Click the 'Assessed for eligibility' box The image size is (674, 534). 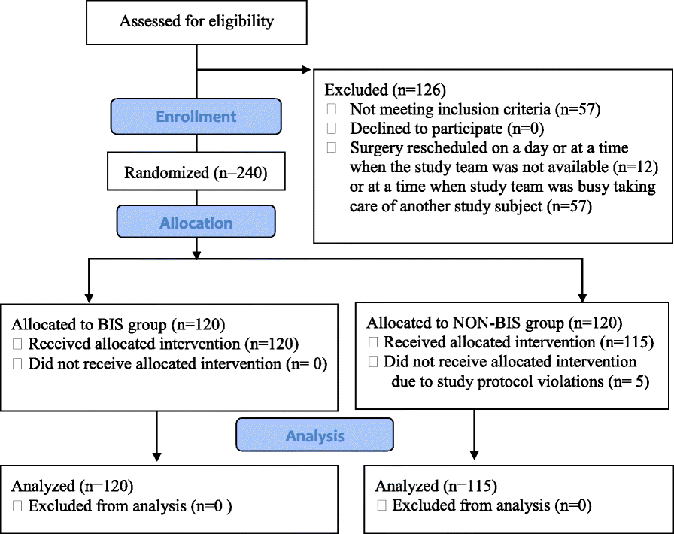196,21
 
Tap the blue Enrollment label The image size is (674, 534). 196,117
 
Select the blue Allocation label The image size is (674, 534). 196,223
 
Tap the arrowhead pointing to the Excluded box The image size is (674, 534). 305,70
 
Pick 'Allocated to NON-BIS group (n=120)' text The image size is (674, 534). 493,324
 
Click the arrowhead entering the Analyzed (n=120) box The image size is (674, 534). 156,454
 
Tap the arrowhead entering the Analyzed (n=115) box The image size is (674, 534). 474,454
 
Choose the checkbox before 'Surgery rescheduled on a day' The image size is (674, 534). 332,148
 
